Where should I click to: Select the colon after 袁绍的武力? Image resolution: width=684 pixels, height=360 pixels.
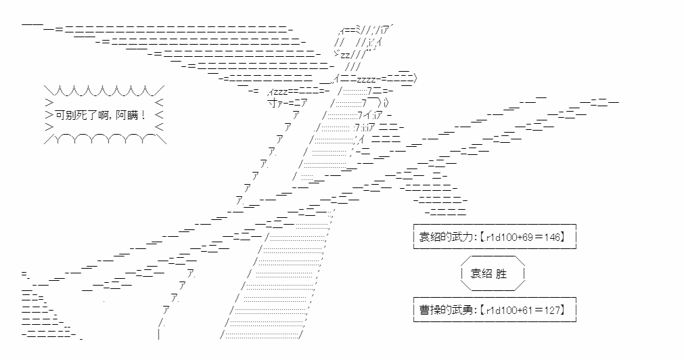472,236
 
